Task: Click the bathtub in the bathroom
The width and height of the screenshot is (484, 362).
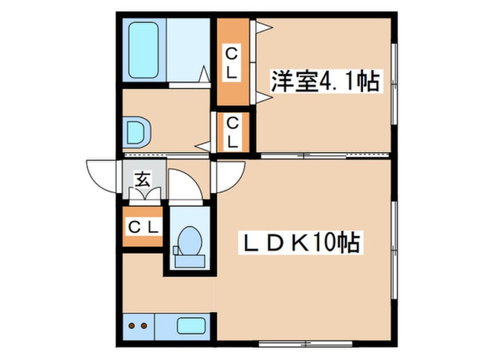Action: (x=144, y=50)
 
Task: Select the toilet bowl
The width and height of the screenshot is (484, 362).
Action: (x=189, y=240)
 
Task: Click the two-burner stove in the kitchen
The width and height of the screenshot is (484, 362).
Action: (x=138, y=327)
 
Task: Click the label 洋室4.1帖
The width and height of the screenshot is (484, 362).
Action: (x=325, y=82)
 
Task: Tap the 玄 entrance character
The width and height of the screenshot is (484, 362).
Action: (x=142, y=179)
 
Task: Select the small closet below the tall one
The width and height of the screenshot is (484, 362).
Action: (x=232, y=132)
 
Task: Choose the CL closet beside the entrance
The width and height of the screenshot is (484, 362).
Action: (x=143, y=227)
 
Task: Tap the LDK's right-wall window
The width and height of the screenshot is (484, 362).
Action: (x=394, y=249)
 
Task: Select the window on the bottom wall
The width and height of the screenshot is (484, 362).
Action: (x=305, y=344)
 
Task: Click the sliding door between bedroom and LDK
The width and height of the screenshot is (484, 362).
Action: (x=323, y=155)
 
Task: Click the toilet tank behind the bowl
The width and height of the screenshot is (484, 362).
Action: (x=189, y=261)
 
